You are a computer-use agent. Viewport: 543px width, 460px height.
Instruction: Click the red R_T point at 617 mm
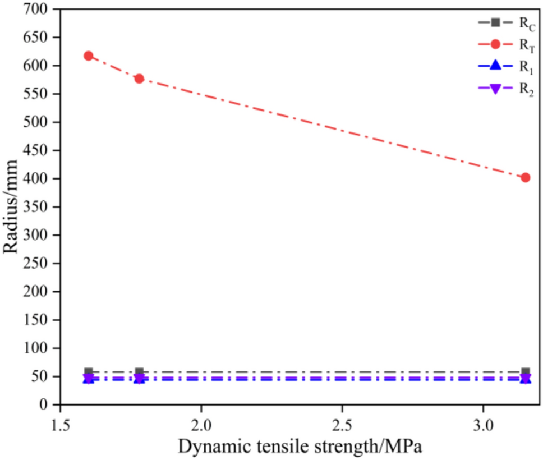(x=89, y=56)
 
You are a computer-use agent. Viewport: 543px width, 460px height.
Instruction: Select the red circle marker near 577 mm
(x=139, y=79)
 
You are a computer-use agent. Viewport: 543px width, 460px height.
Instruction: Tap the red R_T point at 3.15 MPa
(x=526, y=177)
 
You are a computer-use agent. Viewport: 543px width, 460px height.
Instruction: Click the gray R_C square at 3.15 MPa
(x=526, y=372)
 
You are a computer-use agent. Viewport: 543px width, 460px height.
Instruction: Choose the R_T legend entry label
(x=526, y=45)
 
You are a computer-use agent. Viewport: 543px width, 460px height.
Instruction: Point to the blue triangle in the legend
(x=495, y=66)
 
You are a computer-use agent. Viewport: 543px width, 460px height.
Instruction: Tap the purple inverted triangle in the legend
(x=495, y=89)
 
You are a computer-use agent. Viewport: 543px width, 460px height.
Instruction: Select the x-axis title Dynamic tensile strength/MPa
(x=301, y=447)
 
